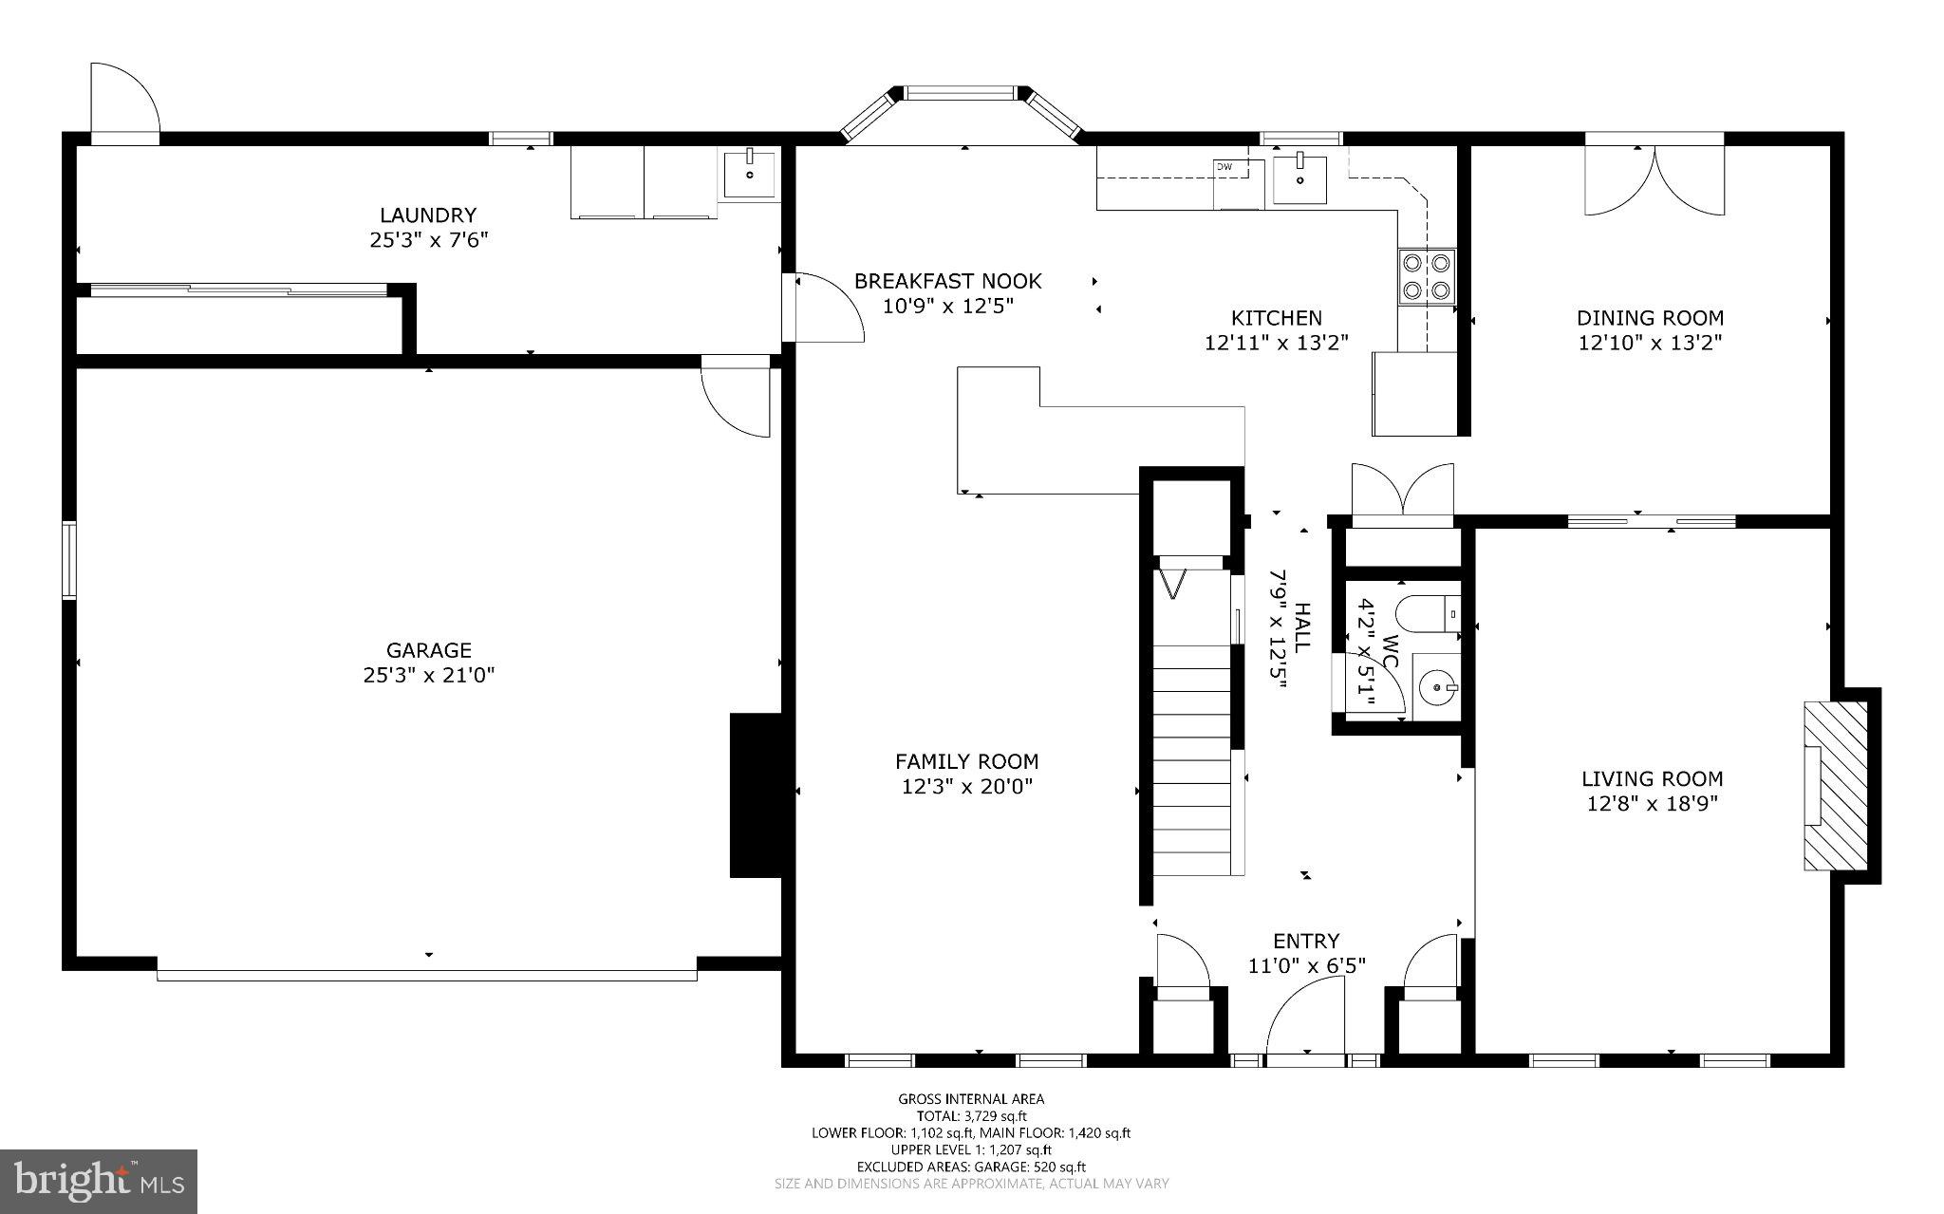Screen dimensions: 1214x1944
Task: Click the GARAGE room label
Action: click(428, 650)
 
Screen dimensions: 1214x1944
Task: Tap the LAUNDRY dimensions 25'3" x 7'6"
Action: click(428, 240)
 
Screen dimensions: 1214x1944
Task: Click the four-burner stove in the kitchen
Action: click(1427, 275)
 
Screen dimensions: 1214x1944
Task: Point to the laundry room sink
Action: click(750, 174)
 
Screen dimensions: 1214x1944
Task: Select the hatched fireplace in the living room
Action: click(1834, 786)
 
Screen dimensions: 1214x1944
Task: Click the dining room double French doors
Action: click(1654, 180)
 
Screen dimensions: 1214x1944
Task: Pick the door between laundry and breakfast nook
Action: click(824, 307)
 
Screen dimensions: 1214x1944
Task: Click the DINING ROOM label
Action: click(1650, 318)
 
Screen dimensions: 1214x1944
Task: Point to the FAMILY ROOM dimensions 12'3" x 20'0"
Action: click(966, 786)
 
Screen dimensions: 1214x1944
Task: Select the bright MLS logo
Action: click(99, 1181)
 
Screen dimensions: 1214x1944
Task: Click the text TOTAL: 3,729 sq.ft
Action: click(971, 1116)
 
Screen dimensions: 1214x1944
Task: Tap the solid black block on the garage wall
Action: click(755, 795)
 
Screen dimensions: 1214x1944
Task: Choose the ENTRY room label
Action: click(1306, 941)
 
